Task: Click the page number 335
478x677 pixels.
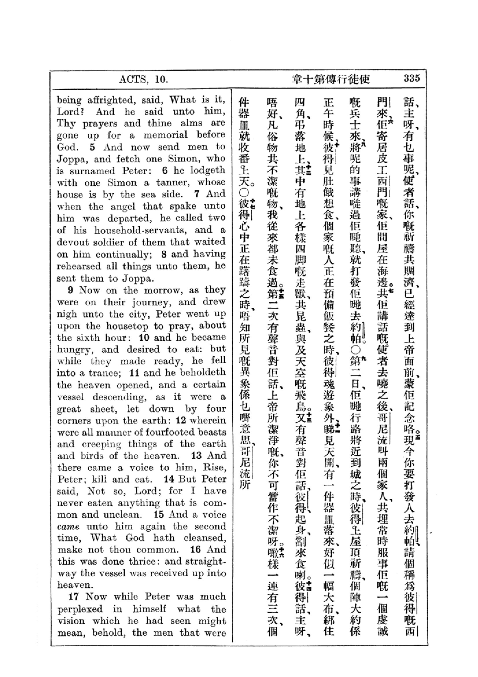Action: pos(411,78)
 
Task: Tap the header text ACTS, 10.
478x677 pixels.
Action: pos(143,79)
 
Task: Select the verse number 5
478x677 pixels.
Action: pos(93,147)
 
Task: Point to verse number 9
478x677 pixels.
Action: pos(70,290)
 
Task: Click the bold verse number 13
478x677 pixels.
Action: pos(196,456)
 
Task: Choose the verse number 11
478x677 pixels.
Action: pos(134,373)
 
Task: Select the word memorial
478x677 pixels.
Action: pos(165,135)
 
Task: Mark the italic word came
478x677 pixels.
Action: pos(68,526)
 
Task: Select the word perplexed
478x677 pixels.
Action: pos(80,609)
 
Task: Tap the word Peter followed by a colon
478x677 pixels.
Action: pos(139,171)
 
